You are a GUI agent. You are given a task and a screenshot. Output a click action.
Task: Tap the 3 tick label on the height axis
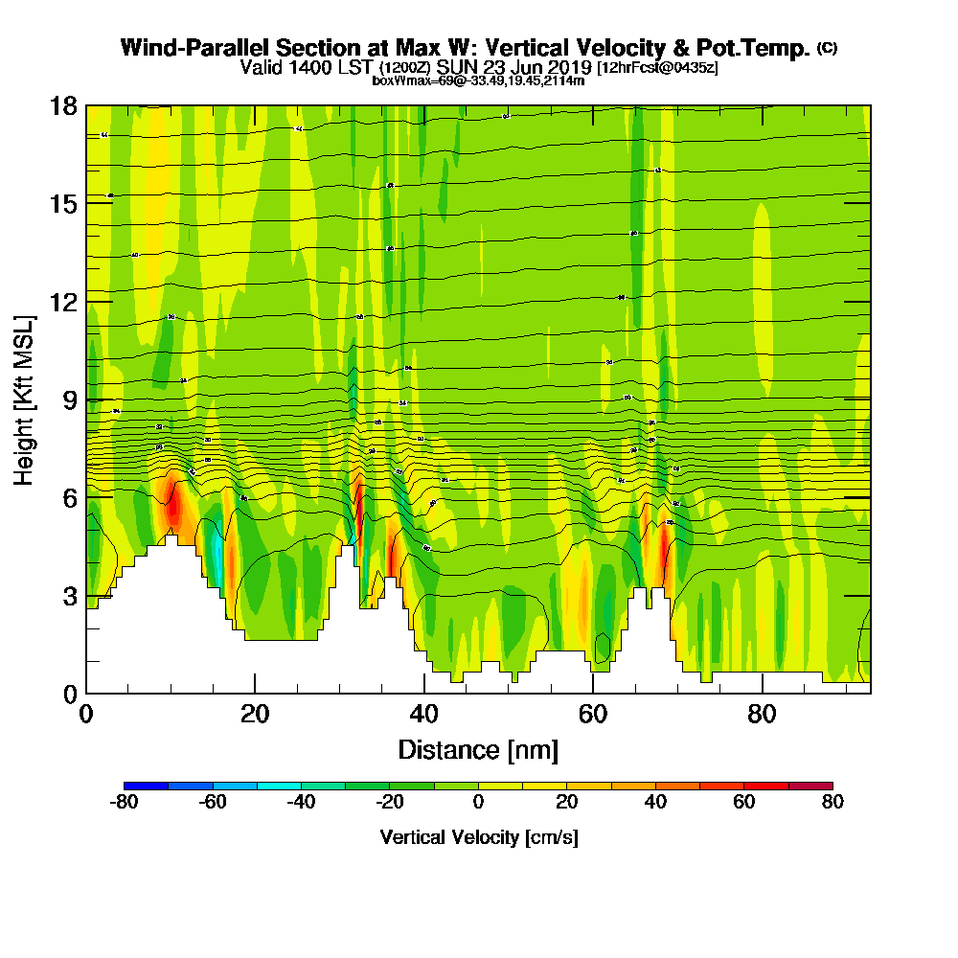(69, 596)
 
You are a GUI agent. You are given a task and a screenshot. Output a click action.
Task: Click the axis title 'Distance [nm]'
(478, 749)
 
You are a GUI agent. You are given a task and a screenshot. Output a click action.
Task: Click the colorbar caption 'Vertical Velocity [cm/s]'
(478, 837)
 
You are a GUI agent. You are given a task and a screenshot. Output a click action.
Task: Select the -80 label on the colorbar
(125, 803)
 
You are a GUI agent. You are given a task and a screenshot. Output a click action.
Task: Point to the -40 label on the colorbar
(301, 803)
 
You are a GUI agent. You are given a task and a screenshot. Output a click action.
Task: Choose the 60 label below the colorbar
(744, 803)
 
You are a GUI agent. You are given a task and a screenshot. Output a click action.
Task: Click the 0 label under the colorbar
(479, 803)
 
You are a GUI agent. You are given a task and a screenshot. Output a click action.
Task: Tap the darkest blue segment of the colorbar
(147, 785)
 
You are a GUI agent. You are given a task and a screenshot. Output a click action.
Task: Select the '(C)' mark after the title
(827, 47)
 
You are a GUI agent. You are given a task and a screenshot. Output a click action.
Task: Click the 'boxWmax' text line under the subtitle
(478, 80)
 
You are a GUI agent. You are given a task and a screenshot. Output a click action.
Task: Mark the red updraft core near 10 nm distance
(173, 504)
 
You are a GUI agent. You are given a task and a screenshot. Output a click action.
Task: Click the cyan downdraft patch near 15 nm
(216, 560)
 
